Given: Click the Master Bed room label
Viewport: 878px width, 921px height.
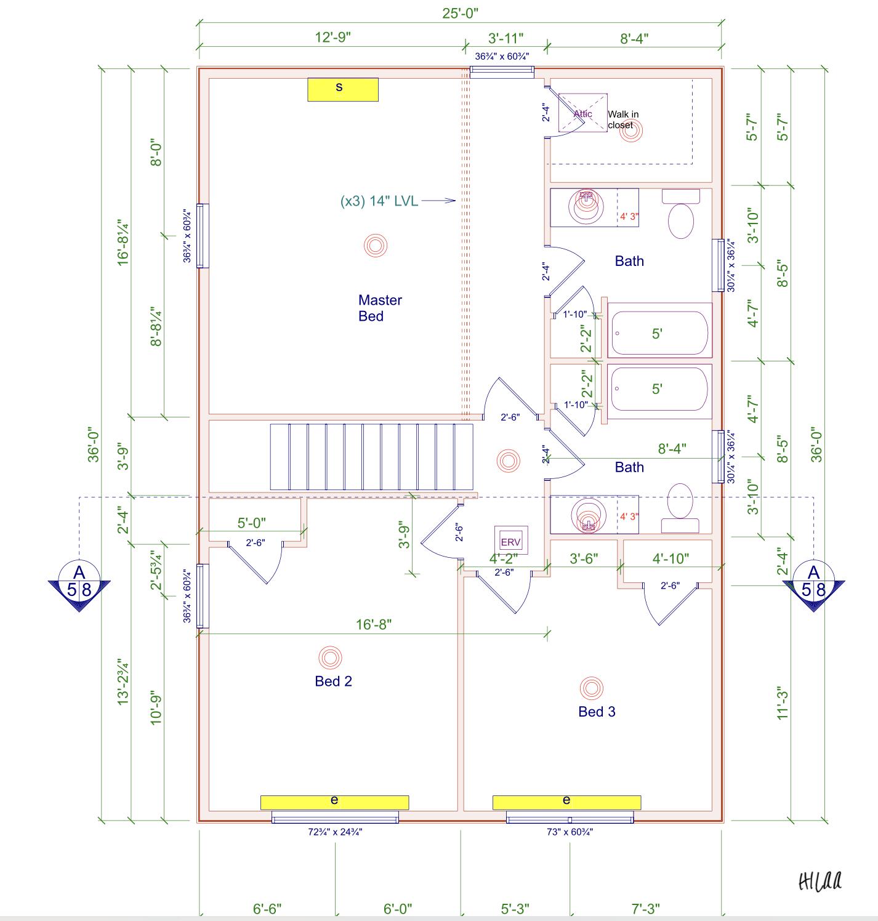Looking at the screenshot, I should click(x=379, y=308).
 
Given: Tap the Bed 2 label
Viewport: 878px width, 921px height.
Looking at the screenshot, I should click(x=333, y=681).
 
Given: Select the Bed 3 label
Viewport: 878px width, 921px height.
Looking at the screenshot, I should click(x=596, y=712).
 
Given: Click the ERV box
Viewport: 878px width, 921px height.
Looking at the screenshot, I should click(x=511, y=541).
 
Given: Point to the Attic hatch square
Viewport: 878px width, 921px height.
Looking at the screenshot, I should click(x=582, y=113).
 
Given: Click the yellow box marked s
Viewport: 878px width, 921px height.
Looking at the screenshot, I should click(x=342, y=89).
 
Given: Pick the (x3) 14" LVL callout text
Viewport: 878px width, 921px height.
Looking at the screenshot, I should click(x=379, y=201).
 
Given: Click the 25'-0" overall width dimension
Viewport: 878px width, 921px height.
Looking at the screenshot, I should click(x=460, y=14).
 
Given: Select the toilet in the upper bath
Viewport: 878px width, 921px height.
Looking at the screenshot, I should click(x=681, y=215).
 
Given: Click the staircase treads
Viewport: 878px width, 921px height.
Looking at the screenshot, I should click(x=371, y=456).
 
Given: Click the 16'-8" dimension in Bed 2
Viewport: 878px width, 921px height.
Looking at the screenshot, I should click(x=374, y=624).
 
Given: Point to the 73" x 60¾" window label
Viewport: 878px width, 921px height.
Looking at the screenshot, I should click(x=570, y=832).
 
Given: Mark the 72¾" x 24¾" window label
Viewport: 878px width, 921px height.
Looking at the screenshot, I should click(x=335, y=832).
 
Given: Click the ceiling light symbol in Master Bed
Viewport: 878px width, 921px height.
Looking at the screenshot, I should click(x=375, y=246).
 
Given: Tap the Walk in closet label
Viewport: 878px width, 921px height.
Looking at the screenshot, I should click(x=622, y=119).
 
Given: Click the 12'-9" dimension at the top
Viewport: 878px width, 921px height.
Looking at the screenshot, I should click(x=332, y=37).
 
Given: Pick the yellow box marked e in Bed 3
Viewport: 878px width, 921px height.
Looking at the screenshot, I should click(x=566, y=802).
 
